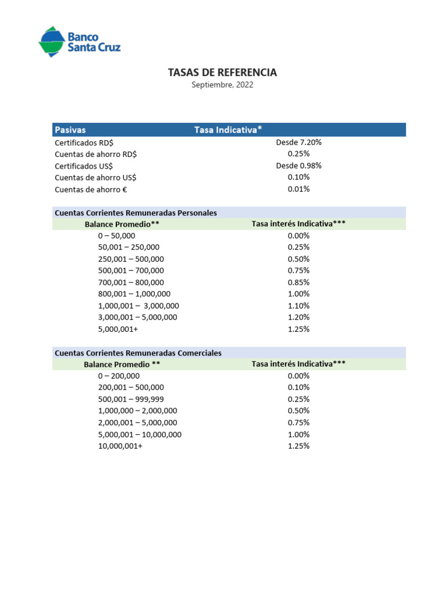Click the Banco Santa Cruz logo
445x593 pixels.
coord(79,42)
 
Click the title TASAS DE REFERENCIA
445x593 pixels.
coord(222,72)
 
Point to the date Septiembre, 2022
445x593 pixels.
coord(222,85)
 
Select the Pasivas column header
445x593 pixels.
coord(70,130)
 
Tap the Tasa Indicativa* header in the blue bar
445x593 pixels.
coord(228,130)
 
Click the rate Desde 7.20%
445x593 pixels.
coord(298,142)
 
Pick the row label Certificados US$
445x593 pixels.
coord(83,166)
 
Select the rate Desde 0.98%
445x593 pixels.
coord(298,166)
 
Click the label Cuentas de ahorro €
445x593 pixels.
coord(90,189)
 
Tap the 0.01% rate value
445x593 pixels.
coord(298,189)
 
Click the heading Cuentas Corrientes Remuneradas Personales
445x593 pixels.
coord(136,213)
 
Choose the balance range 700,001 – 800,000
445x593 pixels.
coord(131,283)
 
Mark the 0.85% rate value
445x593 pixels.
coord(298,283)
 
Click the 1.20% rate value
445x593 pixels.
coord(298,317)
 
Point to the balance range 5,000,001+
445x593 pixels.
coord(118,329)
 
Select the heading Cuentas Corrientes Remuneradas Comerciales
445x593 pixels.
coord(138,353)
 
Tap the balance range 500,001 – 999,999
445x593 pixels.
coord(131,400)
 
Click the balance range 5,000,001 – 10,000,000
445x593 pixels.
coord(140,434)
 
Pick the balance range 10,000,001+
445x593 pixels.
coord(120,446)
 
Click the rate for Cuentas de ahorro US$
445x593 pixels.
coord(298,177)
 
